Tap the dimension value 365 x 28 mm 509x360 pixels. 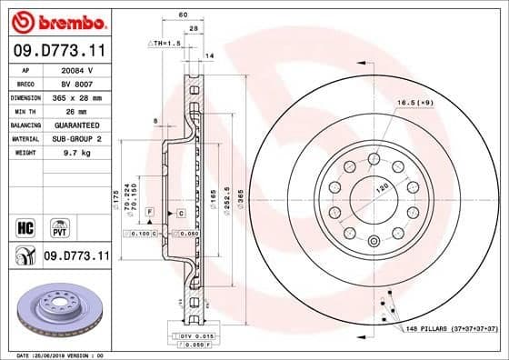pos(75,96)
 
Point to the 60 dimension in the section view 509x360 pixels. pos(183,15)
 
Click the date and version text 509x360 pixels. pos(57,355)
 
